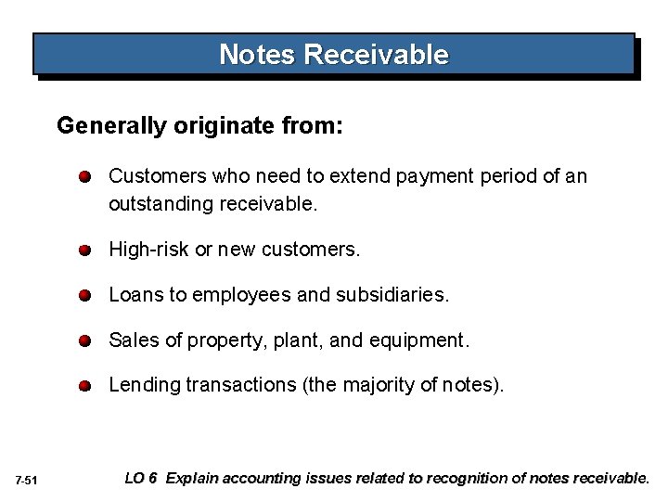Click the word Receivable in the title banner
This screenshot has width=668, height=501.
pyautogui.click(x=376, y=55)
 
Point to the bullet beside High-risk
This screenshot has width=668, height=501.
pyautogui.click(x=84, y=251)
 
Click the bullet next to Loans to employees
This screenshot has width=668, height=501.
pyautogui.click(x=84, y=296)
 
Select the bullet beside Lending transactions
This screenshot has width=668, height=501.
pyautogui.click(x=84, y=385)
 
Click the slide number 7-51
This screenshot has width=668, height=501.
pyautogui.click(x=26, y=480)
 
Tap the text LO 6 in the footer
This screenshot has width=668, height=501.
pyautogui.click(x=140, y=479)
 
